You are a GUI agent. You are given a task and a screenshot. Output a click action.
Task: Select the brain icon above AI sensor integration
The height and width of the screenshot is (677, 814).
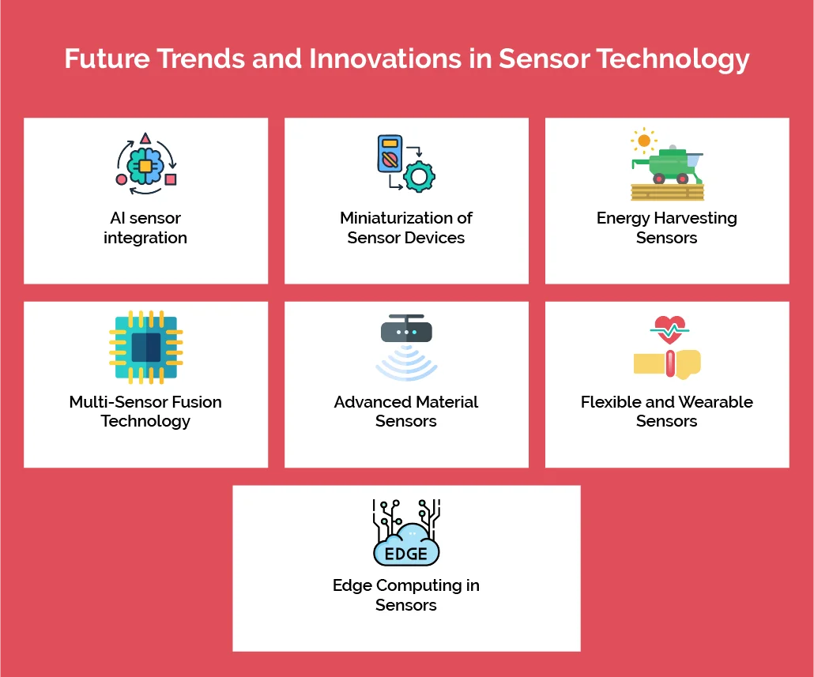tap(145, 165)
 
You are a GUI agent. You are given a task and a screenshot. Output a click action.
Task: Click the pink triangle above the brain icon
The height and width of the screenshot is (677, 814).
tap(145, 139)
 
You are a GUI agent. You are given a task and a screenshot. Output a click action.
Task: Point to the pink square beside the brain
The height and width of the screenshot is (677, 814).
tap(171, 179)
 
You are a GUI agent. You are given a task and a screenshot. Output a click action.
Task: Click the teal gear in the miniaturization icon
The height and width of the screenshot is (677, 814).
tap(418, 176)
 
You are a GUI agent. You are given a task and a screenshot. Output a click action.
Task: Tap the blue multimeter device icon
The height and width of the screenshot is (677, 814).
tap(390, 156)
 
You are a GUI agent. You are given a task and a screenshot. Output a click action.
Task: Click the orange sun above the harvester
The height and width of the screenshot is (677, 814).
tap(644, 141)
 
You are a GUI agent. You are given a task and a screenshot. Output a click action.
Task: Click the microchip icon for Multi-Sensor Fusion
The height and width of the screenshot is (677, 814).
tap(145, 347)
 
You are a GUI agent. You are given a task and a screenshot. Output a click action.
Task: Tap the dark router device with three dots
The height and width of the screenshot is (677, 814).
tap(406, 331)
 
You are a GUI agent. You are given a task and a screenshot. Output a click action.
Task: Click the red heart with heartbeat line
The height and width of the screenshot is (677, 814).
tap(669, 329)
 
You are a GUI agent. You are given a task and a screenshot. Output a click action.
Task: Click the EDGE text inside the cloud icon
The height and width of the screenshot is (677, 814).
tap(405, 554)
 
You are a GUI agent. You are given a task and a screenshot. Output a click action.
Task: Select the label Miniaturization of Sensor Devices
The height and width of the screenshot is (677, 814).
tap(406, 228)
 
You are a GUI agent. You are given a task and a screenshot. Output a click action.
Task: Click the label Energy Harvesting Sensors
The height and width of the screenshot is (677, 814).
tap(666, 228)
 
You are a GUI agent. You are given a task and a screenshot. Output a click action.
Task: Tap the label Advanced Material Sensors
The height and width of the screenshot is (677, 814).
tap(406, 411)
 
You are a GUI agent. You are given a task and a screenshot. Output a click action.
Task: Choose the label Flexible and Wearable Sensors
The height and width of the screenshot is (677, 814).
tap(666, 411)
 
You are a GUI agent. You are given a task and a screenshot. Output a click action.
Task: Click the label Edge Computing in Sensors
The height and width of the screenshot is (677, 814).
tap(406, 595)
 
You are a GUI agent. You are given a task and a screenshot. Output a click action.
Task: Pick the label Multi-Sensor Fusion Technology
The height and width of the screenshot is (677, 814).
tap(145, 411)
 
